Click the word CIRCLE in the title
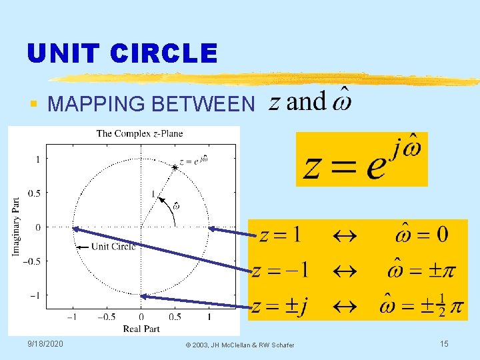click(167, 53)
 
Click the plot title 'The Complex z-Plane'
click(139, 133)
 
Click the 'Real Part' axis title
click(141, 328)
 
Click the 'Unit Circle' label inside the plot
click(113, 247)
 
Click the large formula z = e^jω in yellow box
click(362, 159)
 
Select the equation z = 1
click(280, 235)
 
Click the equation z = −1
click(281, 271)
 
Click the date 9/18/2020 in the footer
click(45, 343)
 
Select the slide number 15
click(443, 343)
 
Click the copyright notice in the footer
click(240, 345)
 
